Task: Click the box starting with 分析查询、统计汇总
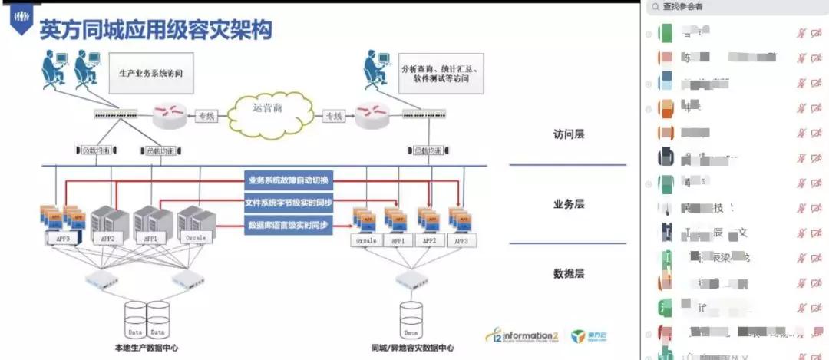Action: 440,73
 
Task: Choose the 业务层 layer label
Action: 569,204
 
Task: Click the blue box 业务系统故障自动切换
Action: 288,180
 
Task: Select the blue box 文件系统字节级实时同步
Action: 288,203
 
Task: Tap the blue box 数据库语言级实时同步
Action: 288,225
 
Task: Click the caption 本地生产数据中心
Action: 142,348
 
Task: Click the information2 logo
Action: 522,336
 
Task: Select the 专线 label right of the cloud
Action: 332,117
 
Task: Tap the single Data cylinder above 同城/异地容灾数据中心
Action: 411,319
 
